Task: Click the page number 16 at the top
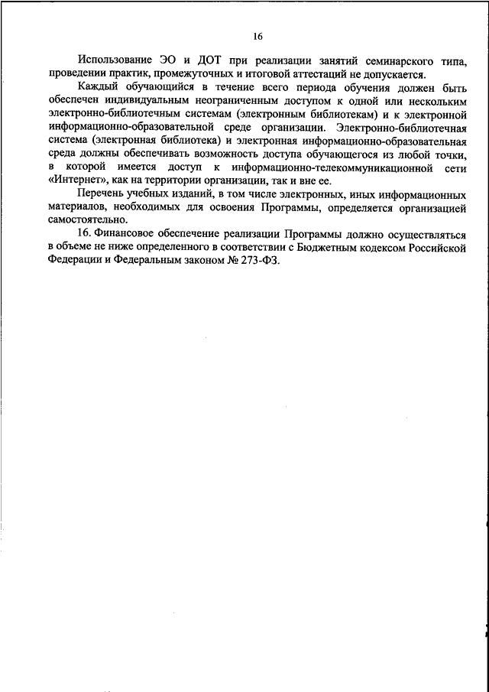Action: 257,35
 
